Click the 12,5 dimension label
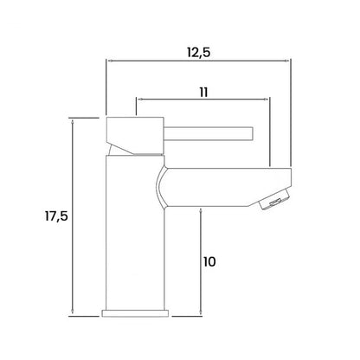[199, 53]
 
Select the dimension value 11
[203, 93]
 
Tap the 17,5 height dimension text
[56, 216]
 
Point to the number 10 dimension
[209, 262]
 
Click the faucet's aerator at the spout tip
[275, 200]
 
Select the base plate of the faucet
[135, 313]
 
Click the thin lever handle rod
[209, 133]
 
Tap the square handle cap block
[135, 136]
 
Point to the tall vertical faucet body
[135, 233]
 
